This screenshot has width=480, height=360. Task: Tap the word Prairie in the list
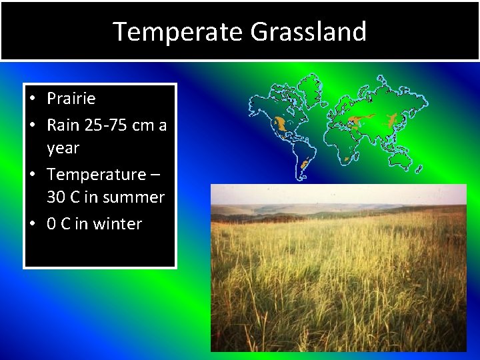(x=71, y=99)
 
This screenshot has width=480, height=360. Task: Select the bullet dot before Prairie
(x=32, y=99)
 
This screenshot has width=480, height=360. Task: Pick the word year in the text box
(x=63, y=148)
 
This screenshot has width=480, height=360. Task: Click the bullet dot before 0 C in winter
(x=32, y=224)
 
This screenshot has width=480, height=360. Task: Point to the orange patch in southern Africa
(x=347, y=159)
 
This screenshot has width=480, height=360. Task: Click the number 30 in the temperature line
(x=56, y=197)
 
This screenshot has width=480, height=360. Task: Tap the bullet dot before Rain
(x=32, y=125)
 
